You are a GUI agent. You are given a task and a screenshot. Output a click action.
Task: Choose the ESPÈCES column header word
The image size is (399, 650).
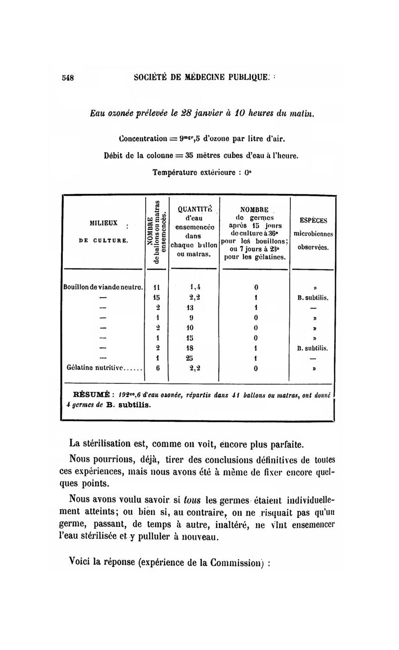pyautogui.click(x=313, y=220)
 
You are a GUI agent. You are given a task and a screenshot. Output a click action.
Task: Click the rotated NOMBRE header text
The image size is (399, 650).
pyautogui.click(x=149, y=231)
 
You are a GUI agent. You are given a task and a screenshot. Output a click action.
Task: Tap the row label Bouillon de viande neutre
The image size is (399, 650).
pyautogui.click(x=103, y=287)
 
